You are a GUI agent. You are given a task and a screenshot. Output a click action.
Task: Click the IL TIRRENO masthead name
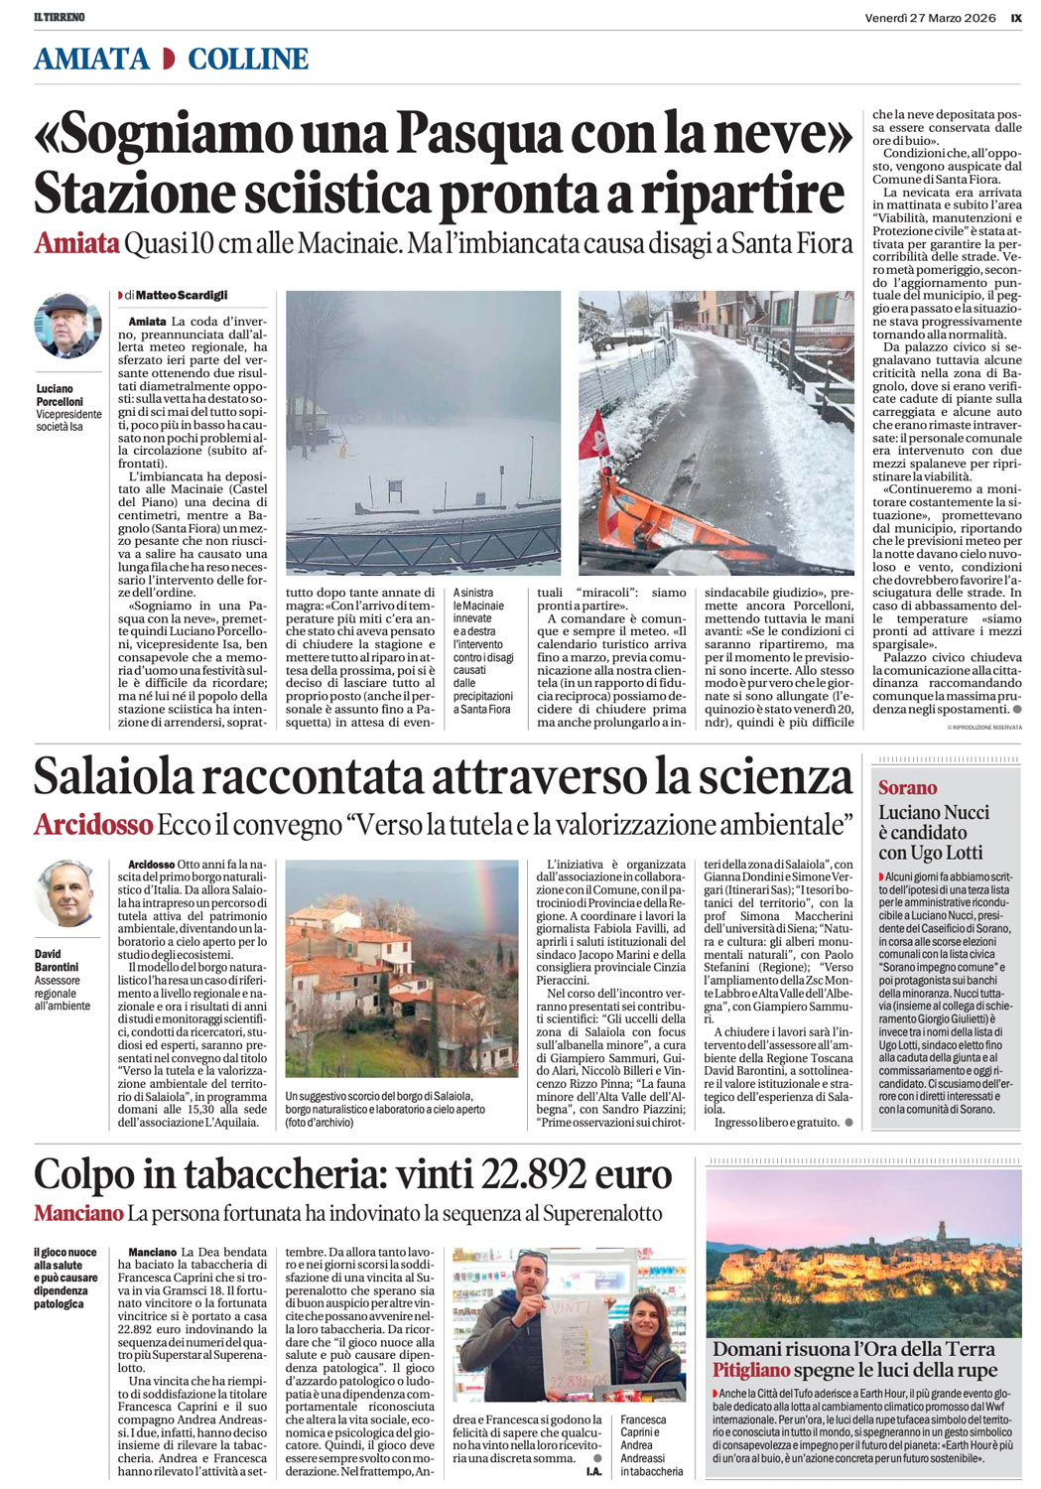pos(60,17)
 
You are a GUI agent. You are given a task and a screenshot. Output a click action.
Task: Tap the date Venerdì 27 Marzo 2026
pos(929,17)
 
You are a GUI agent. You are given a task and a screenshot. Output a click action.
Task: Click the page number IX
pos(1015,17)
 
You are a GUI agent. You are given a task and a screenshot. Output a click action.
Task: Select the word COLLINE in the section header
pos(248,60)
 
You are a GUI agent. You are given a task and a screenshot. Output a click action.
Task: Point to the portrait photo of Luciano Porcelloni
pos(67,326)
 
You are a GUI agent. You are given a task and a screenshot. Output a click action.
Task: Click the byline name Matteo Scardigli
pos(182,295)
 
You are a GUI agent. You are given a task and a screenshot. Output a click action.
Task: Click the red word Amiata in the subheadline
pos(76,243)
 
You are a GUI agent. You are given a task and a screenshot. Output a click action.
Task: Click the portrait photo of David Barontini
pos(67,893)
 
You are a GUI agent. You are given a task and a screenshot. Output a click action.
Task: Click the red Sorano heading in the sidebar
pos(907,787)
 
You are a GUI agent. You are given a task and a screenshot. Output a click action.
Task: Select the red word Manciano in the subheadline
pos(78,1213)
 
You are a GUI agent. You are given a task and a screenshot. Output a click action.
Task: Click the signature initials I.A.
pos(593,1472)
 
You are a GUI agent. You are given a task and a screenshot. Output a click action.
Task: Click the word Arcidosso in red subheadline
pos(93,824)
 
